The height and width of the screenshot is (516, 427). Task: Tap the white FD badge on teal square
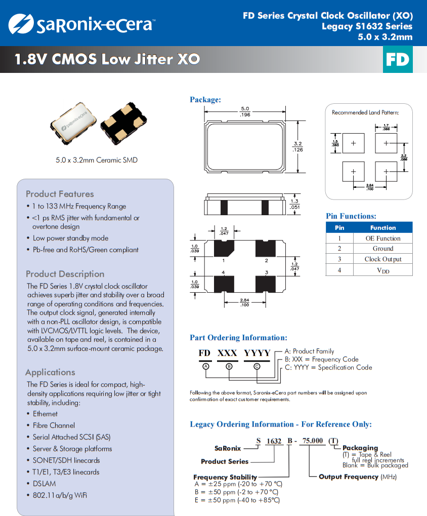point(397,60)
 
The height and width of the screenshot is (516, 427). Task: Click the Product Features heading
point(60,194)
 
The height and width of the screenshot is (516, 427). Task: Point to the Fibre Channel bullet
point(54,425)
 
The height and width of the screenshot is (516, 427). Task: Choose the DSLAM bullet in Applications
point(45,484)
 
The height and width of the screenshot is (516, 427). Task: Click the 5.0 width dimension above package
point(245,109)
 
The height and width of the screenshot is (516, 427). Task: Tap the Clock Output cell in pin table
point(382,259)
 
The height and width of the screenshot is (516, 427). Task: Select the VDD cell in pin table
point(382,270)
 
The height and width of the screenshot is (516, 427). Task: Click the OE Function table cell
point(382,238)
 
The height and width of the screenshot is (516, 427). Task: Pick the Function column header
point(382,228)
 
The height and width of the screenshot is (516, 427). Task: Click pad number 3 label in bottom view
point(267,272)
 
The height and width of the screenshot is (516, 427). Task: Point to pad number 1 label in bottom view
point(224,260)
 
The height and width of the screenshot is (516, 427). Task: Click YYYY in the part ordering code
point(257,353)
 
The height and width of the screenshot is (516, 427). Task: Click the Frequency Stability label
point(225,477)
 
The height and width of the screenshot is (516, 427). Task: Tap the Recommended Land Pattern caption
point(365,112)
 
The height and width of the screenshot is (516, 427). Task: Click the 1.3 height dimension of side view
point(294,201)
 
